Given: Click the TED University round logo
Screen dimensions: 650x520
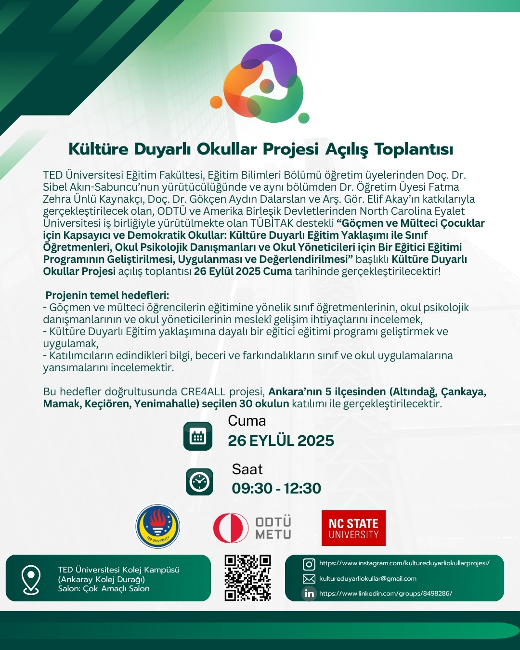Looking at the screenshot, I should coord(157,527).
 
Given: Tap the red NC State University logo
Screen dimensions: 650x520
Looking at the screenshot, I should coord(353,528).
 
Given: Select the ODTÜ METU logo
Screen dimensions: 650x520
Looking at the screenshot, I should coord(252,528).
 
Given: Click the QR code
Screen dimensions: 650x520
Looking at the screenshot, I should coord(247,578).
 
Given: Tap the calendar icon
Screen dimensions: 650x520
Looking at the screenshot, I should coord(198,436).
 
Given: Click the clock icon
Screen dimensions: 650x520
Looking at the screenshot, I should coord(199,481).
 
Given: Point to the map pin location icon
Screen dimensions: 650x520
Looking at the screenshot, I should coord(31,579).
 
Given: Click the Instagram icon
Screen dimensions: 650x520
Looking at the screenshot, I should coord(309,564).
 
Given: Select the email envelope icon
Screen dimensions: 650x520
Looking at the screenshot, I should coord(309,579).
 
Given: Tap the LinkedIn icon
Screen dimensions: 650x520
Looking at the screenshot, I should coord(309,594).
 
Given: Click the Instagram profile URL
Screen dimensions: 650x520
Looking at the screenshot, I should coord(404,563).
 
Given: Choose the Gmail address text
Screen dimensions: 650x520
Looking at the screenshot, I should coord(368,579).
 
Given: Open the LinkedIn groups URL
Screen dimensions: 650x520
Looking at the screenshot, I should coord(385,594).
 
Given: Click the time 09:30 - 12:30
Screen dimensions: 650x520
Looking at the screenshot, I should coord(276,488).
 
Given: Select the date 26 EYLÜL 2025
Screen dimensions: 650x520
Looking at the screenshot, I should coord(281,441).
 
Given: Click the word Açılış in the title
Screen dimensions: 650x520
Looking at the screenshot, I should coord(347,149).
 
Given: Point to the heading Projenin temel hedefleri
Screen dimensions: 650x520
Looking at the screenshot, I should coord(107,295).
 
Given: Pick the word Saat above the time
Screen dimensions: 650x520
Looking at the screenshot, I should coord(247,469).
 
